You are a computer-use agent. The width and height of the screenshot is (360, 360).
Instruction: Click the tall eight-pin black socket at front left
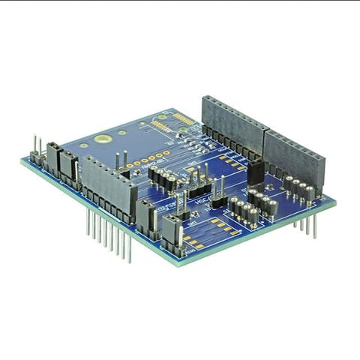click(109, 187)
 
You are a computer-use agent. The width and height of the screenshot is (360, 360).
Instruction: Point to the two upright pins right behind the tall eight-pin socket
click(120, 160)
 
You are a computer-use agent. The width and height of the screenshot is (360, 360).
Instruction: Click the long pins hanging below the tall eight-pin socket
click(109, 232)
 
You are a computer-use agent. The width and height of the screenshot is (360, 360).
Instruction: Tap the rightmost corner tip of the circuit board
click(335, 200)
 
